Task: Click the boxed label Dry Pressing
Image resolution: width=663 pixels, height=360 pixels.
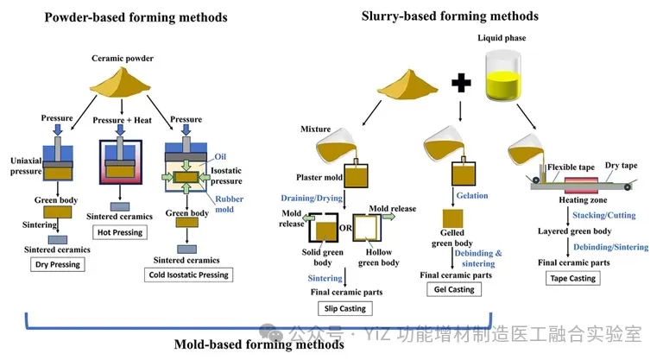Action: (56, 265)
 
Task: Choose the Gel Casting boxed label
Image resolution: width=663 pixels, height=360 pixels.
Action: (451, 289)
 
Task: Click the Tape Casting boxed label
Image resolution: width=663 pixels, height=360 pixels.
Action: (572, 278)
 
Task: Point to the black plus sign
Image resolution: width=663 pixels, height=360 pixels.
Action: (459, 83)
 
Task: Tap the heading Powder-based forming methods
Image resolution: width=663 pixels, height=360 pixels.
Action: (136, 17)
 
